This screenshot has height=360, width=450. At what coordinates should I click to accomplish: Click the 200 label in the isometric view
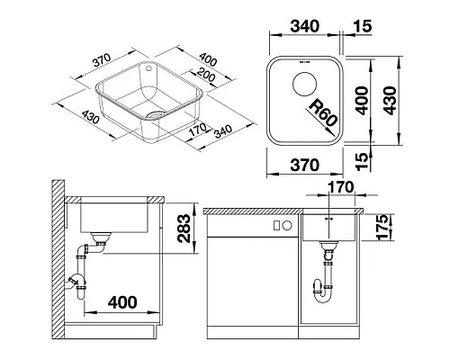[206, 75]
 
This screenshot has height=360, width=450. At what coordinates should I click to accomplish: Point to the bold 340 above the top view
[304, 26]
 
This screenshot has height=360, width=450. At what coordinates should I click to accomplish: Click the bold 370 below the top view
[304, 165]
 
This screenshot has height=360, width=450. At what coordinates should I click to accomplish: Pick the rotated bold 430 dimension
[391, 101]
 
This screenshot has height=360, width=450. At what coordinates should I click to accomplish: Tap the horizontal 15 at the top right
[363, 26]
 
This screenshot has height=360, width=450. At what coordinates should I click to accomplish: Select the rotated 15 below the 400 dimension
[362, 161]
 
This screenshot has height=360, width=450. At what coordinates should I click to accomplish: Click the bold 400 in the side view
[122, 302]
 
